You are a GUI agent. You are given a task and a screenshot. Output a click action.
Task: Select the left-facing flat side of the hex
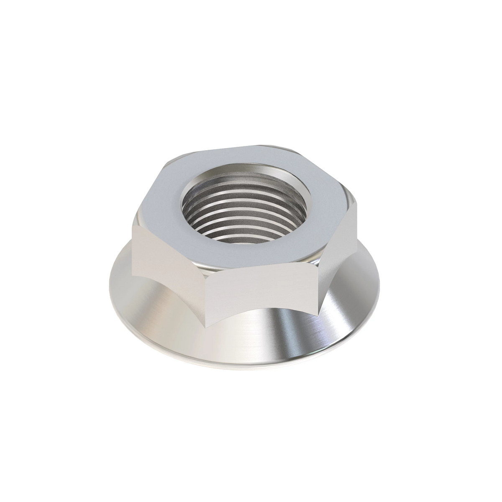[169, 255]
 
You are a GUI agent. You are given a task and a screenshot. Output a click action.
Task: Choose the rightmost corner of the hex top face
[358, 205]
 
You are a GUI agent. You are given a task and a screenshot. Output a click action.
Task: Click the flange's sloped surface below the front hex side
[264, 339]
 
